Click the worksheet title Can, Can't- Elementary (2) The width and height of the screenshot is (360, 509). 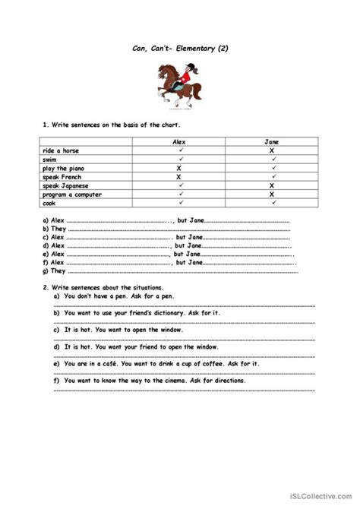(x=179, y=47)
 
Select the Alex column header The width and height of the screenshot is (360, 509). (x=180, y=141)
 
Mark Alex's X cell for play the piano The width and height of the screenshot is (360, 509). (x=180, y=168)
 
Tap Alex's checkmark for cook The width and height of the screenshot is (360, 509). (x=180, y=203)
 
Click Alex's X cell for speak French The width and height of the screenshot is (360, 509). (x=180, y=177)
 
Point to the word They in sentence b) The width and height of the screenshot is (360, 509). (x=58, y=229)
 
